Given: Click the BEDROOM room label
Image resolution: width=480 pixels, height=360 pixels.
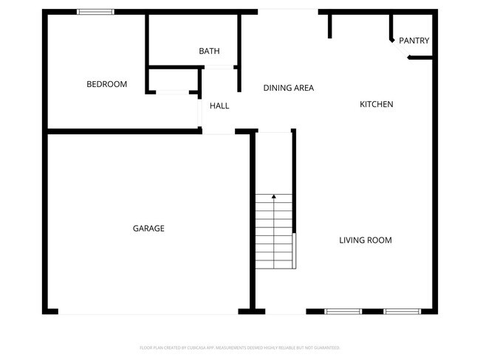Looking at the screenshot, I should pyautogui.click(x=107, y=84).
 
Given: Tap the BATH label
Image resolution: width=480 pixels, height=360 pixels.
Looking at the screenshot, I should pyautogui.click(x=209, y=51).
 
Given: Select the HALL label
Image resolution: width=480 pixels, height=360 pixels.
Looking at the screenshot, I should pyautogui.click(x=219, y=105).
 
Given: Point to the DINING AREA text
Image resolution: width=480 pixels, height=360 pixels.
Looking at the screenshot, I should pyautogui.click(x=289, y=88).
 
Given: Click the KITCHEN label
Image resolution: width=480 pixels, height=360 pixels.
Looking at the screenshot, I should pyautogui.click(x=377, y=104).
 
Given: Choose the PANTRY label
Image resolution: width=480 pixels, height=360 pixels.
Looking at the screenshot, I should pyautogui.click(x=414, y=41).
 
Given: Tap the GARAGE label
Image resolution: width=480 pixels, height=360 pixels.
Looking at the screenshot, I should pyautogui.click(x=148, y=228).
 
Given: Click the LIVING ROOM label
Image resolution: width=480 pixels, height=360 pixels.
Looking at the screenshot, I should pyautogui.click(x=366, y=240).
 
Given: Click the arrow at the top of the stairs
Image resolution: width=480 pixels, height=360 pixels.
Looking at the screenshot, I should pyautogui.click(x=274, y=196).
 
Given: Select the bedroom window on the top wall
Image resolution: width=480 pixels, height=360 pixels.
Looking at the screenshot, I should pyautogui.click(x=96, y=12).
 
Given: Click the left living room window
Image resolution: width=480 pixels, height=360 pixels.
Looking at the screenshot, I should pyautogui.click(x=343, y=311).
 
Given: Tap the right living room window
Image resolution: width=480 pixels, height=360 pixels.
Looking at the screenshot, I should pyautogui.click(x=401, y=311).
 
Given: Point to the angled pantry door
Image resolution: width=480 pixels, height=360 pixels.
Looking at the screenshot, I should pyautogui.click(x=400, y=53).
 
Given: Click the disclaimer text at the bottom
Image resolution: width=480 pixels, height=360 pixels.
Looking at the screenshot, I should pyautogui.click(x=240, y=347).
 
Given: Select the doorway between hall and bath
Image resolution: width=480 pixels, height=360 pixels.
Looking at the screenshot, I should pyautogui.click(x=219, y=68).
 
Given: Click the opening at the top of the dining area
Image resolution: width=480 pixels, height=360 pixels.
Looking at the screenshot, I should pyautogui.click(x=287, y=10).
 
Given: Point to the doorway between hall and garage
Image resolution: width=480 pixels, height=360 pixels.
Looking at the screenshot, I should pyautogui.click(x=219, y=132).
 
